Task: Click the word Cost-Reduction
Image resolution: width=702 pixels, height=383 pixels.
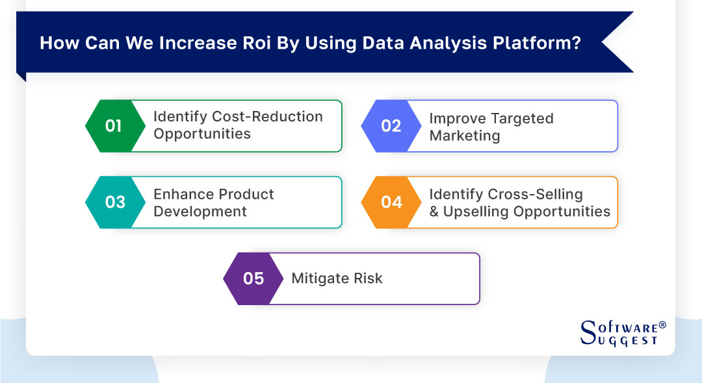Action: point(268,117)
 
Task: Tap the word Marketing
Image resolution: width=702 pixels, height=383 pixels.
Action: point(464,136)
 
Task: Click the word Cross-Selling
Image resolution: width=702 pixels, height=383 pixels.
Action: point(536,194)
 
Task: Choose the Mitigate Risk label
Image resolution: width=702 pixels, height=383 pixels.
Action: point(337,279)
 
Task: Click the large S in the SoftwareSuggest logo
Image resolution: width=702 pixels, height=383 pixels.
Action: point(588,332)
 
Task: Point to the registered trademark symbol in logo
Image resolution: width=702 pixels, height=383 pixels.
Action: point(662,323)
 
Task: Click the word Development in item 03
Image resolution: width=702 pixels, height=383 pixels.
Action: point(200,212)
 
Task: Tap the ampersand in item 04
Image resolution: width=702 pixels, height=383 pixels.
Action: point(434,212)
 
